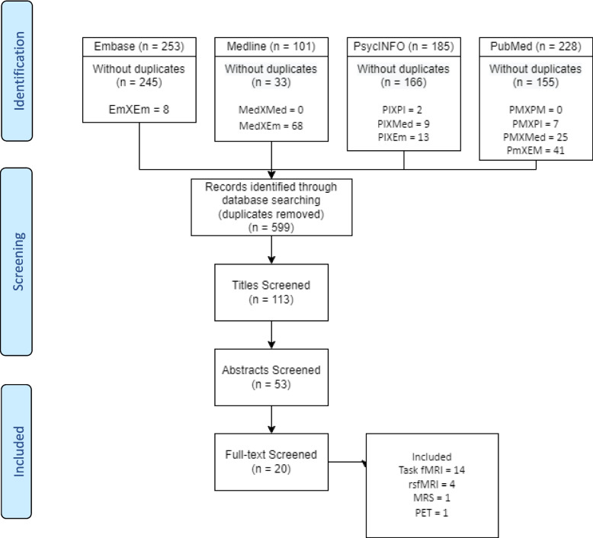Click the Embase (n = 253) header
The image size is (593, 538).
(139, 46)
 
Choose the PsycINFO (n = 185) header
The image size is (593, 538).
(404, 46)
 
